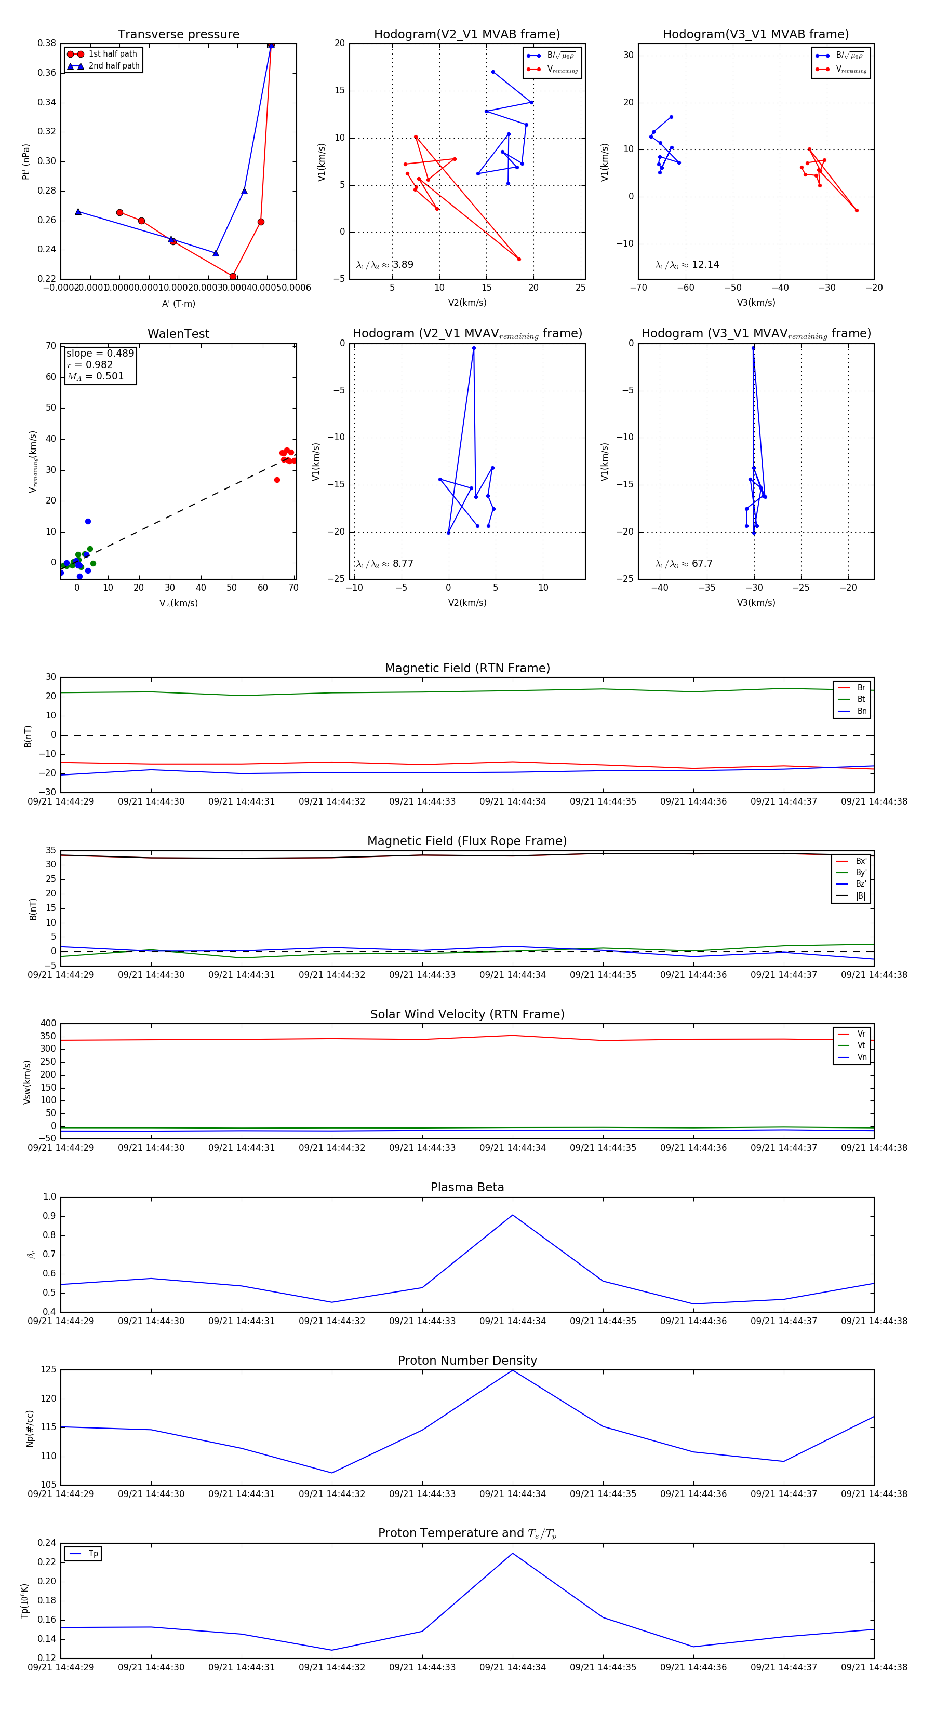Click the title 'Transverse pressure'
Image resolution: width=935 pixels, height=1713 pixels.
click(178, 35)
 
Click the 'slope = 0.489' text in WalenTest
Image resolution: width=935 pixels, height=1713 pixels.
click(100, 353)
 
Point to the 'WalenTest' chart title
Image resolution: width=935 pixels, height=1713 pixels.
click(178, 334)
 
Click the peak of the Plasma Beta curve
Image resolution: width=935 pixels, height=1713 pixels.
click(512, 1215)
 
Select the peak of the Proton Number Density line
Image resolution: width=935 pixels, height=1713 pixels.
click(512, 1370)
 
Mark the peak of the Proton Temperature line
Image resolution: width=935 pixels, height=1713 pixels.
click(512, 1553)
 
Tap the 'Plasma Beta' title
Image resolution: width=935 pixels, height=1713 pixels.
click(467, 1187)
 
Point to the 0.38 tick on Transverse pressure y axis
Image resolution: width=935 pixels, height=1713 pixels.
click(47, 43)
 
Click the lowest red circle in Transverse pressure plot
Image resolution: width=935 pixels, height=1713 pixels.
click(233, 277)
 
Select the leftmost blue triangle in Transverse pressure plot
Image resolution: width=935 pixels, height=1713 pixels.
click(78, 211)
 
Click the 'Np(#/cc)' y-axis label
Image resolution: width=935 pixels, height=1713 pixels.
click(29, 1427)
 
